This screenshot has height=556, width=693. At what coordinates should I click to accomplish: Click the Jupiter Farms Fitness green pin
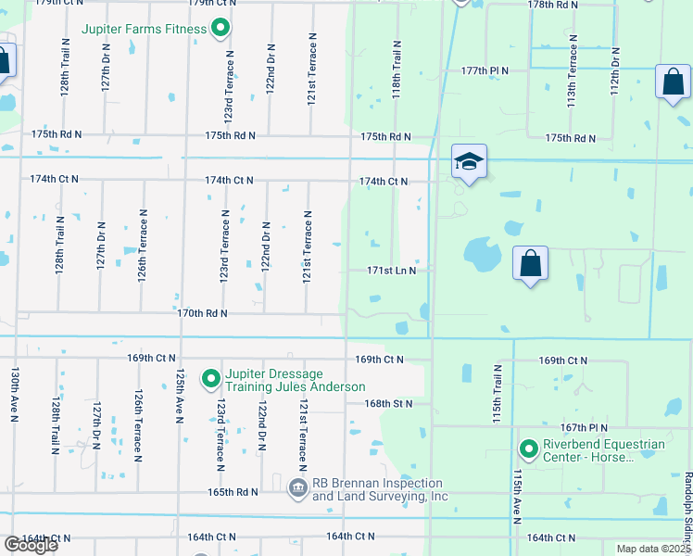tap(220, 29)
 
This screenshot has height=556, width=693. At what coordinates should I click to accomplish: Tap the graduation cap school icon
tap(469, 162)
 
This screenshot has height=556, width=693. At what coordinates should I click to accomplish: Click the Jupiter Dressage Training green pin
tap(210, 378)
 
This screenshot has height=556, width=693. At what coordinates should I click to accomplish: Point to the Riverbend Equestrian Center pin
tap(529, 450)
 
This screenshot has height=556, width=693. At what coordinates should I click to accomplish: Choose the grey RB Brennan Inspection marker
tap(298, 487)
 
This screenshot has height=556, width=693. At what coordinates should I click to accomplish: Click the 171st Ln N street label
tap(397, 271)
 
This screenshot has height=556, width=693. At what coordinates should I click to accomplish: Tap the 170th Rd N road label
tap(202, 313)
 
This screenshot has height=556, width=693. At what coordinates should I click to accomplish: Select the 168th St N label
tap(388, 403)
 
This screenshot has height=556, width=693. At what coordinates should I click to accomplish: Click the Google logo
tap(30, 545)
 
